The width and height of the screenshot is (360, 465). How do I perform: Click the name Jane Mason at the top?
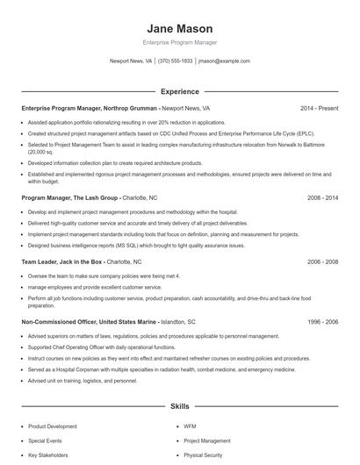coord(179,28)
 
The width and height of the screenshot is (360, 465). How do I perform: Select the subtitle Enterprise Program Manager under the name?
coord(179,42)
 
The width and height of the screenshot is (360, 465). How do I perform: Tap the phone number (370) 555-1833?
coord(176,61)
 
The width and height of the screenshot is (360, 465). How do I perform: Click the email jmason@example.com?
coord(224,61)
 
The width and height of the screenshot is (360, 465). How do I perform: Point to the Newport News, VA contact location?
coord(131,61)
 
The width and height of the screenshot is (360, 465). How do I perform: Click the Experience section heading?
coord(179,91)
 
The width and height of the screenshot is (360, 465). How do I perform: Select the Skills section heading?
coord(179,408)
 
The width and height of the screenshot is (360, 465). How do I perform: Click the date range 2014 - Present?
coord(319,108)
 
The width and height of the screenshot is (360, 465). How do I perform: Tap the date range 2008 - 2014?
coord(322,198)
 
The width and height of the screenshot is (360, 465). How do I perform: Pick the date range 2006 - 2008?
coord(322,261)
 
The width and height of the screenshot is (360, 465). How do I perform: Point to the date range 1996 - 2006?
coord(322,322)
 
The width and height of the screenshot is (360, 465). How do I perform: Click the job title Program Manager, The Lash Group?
coord(69,198)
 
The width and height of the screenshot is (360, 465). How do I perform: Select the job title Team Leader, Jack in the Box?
coord(62,261)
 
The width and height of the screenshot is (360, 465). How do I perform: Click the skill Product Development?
coord(53,426)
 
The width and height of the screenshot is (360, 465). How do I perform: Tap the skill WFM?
coord(190,426)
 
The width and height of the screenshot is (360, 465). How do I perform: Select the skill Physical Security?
coord(203,456)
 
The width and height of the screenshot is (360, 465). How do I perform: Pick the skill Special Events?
coord(46,440)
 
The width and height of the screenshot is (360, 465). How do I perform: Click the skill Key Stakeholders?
coord(48,456)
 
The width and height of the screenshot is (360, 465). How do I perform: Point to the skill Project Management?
coord(207,440)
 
